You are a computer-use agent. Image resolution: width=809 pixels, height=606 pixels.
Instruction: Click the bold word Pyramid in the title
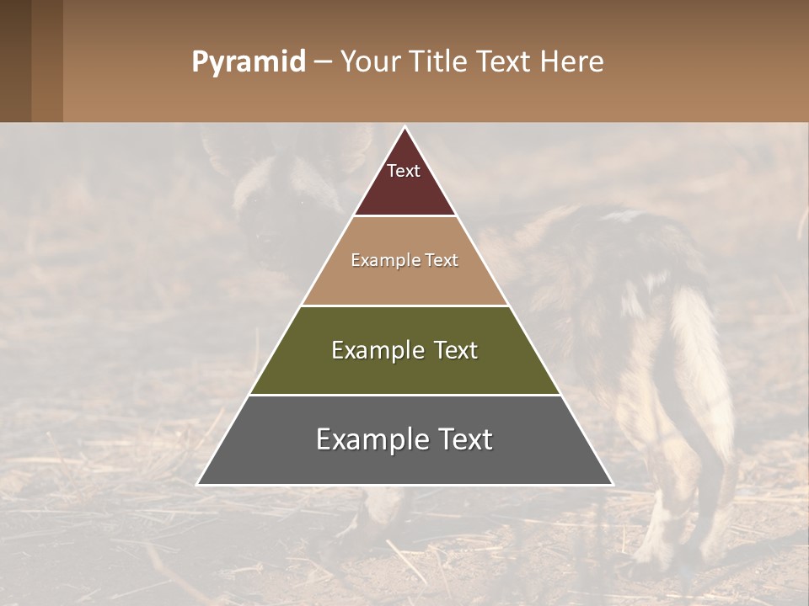click(x=248, y=62)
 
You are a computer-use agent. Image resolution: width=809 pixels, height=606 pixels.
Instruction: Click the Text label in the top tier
click(x=404, y=171)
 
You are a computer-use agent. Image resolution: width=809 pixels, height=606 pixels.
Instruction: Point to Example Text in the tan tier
click(x=404, y=260)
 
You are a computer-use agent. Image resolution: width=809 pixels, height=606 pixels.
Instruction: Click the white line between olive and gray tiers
click(x=404, y=395)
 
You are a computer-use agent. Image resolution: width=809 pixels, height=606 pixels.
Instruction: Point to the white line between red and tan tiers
click(x=404, y=216)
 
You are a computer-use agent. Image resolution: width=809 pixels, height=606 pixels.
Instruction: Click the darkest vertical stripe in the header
click(x=15, y=61)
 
